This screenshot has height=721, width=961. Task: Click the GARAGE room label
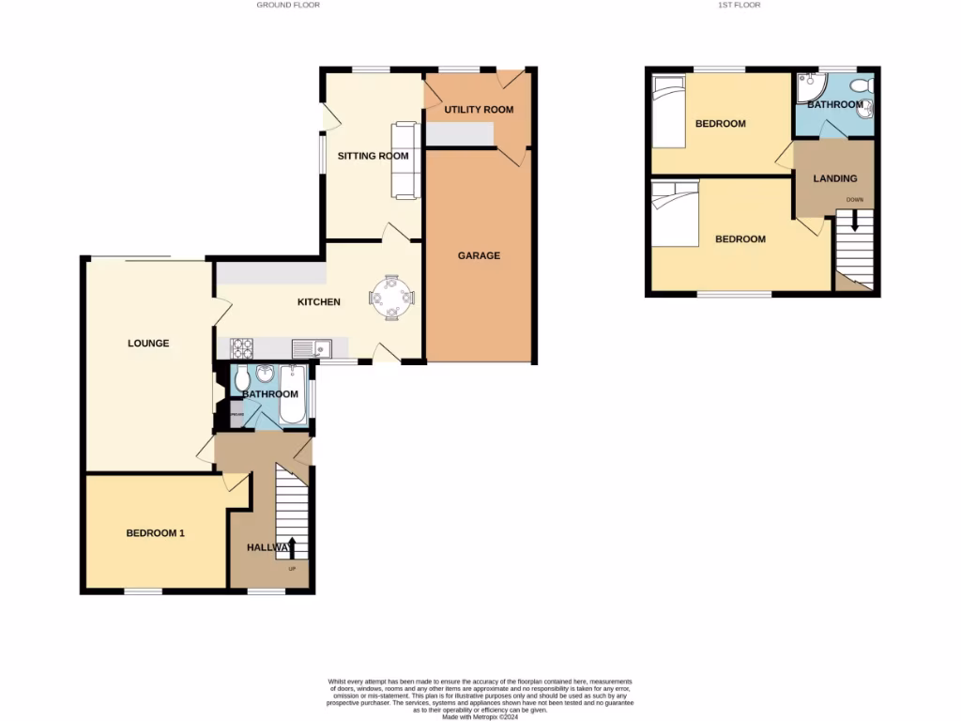point(479,255)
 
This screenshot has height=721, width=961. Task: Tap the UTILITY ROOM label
point(479,110)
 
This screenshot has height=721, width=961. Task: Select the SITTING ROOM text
point(374,156)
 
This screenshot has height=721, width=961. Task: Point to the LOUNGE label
point(148,344)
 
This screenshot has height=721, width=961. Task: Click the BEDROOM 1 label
point(156,533)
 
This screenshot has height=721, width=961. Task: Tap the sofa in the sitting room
point(404,161)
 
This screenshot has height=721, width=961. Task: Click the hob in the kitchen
point(242,348)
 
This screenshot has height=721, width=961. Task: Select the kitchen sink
point(311,348)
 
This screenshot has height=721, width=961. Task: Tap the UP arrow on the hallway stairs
point(292,546)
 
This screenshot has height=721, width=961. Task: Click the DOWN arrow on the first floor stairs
point(854,222)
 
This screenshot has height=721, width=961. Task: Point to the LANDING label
point(834,178)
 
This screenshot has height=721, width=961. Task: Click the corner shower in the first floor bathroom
point(808,87)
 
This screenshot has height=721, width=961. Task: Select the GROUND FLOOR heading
point(288,5)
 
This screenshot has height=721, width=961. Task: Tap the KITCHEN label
point(318,302)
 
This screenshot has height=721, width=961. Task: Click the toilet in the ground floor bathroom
point(242,378)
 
